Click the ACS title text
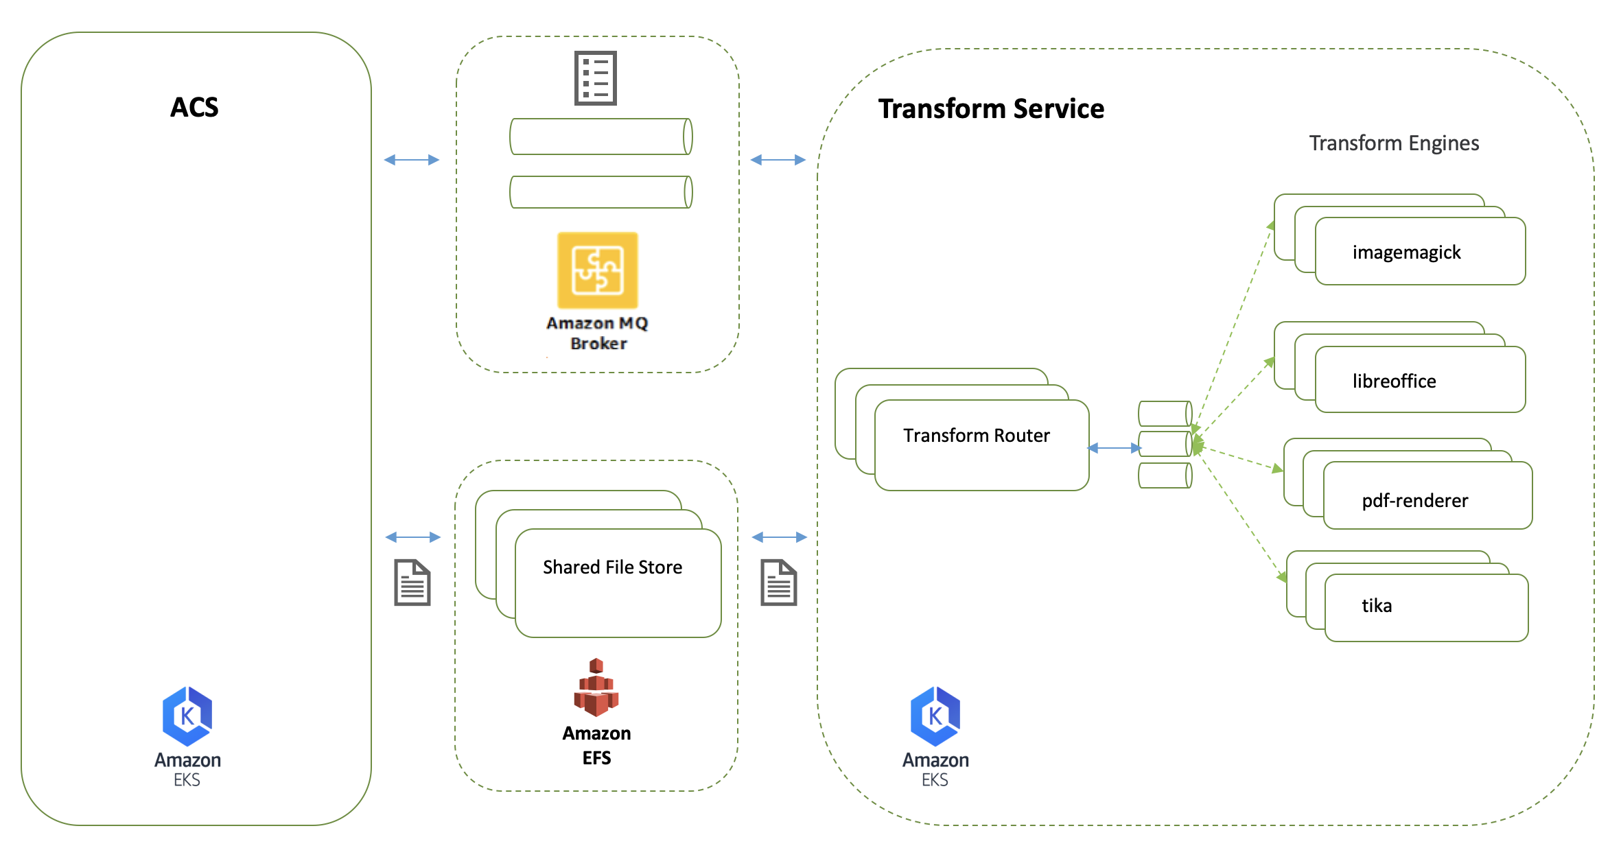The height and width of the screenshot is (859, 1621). (x=194, y=108)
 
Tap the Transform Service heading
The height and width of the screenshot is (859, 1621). (x=991, y=109)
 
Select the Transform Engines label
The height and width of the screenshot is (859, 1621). (x=1393, y=143)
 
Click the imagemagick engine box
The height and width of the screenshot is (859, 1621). (x=1419, y=252)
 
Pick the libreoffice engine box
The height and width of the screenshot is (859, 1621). (x=1419, y=380)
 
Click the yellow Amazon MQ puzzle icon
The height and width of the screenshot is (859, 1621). (x=597, y=270)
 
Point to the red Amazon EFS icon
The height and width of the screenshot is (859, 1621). (x=596, y=687)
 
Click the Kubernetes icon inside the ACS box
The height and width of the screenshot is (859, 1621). (x=187, y=716)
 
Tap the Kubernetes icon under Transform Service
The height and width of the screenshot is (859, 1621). (x=935, y=716)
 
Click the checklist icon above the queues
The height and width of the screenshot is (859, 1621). (x=595, y=78)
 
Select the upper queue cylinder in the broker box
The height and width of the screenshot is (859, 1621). (x=600, y=137)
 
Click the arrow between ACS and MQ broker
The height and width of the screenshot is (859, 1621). (x=412, y=160)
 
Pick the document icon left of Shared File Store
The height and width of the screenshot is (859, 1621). (x=412, y=583)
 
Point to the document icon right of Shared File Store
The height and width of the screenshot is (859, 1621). (x=778, y=583)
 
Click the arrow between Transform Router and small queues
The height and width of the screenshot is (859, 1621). (x=1115, y=448)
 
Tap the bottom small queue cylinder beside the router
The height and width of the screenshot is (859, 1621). (x=1165, y=475)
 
